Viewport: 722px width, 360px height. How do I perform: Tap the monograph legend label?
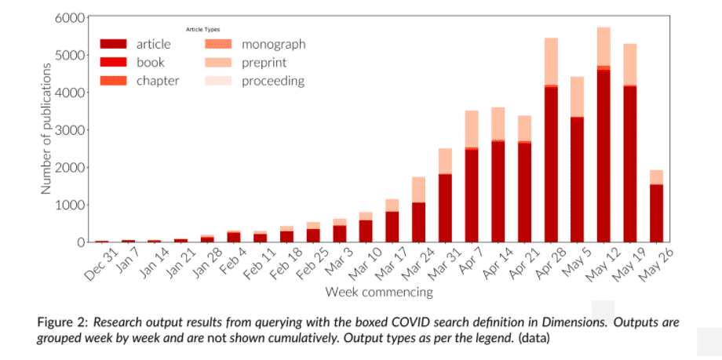[x=273, y=45]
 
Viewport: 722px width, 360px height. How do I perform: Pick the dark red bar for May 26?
[x=656, y=213]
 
